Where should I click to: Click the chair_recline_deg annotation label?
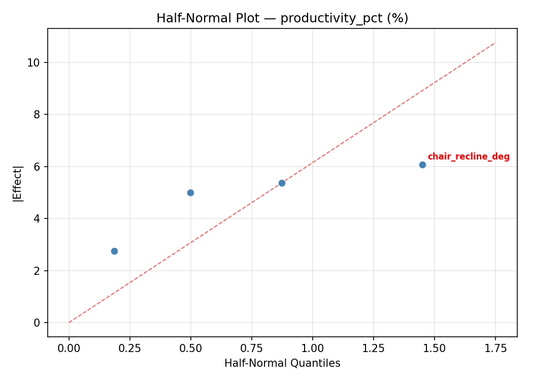468,157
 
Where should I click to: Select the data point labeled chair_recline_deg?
422,165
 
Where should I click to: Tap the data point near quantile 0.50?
190,193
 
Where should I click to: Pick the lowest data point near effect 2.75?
114,251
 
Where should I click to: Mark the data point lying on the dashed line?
282,183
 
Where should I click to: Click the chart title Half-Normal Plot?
282,18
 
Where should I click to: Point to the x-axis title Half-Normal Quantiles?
282,363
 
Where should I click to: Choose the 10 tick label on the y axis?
34,62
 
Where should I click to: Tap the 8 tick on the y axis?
37,115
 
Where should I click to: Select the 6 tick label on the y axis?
37,167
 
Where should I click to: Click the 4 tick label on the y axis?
37,219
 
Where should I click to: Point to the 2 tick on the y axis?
37,271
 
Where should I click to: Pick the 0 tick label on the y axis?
37,323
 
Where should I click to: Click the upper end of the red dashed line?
495,43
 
